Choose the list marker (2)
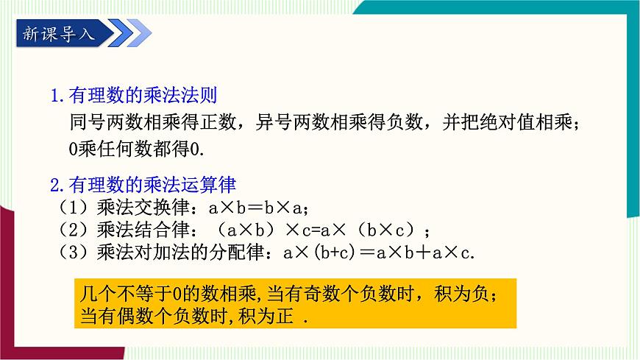[71, 229]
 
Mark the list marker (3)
[71, 253]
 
